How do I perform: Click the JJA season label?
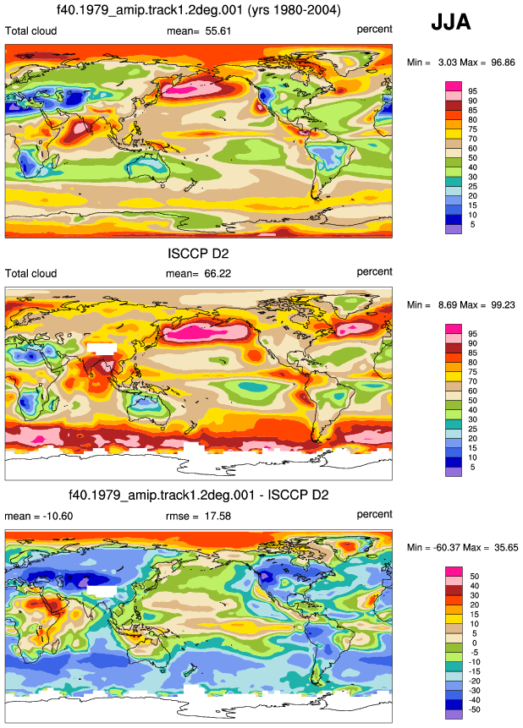450,22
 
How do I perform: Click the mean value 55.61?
218,31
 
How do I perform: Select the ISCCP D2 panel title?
198,254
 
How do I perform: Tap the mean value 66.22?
217,274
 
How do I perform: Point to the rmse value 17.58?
217,517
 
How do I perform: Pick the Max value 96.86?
503,63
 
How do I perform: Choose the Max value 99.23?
503,305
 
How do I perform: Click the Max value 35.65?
506,548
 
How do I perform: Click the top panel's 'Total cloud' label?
30,31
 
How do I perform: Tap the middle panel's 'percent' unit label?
374,272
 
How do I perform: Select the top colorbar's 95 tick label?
473,91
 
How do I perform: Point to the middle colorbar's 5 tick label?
473,467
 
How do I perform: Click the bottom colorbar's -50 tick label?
474,710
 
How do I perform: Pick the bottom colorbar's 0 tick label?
474,643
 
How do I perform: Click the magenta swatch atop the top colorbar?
454,86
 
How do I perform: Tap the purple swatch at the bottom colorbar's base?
454,714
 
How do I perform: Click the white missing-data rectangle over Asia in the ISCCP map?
102,348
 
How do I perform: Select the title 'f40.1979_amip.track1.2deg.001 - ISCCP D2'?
199,495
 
